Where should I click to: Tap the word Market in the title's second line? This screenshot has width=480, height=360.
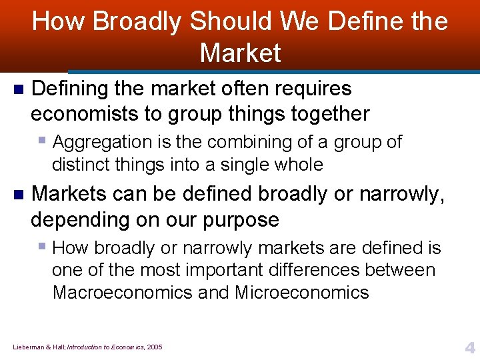click(x=240, y=53)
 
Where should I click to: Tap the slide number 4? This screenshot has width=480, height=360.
click(x=469, y=347)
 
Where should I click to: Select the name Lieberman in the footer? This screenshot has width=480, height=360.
click(x=26, y=347)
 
